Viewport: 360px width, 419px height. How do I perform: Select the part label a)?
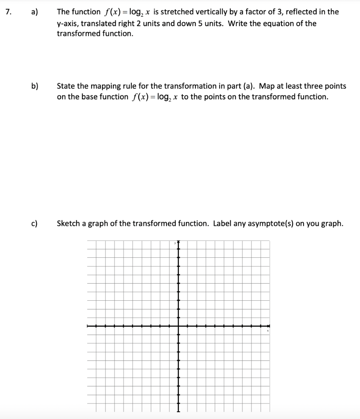(35, 12)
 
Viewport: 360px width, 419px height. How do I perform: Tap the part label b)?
(35, 86)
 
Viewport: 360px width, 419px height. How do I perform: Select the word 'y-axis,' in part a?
(69, 23)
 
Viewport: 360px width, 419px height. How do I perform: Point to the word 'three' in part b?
(315, 86)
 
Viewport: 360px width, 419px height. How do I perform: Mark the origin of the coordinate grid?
(178, 326)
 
